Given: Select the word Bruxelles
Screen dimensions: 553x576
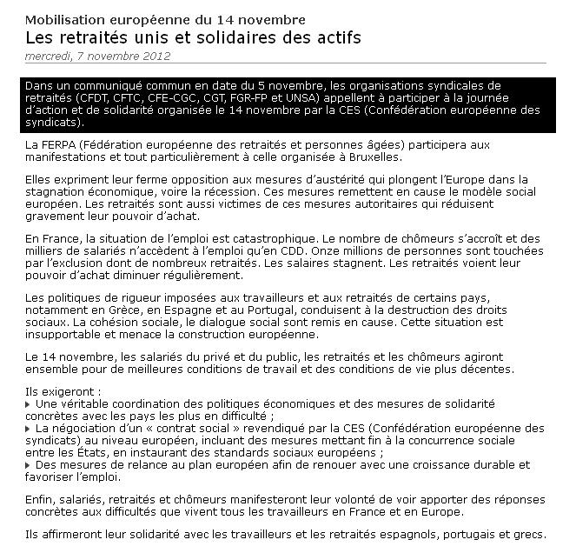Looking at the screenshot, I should click(x=372, y=157).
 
